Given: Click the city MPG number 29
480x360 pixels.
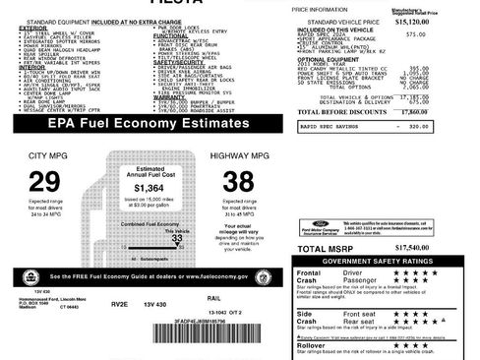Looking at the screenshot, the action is [45, 181].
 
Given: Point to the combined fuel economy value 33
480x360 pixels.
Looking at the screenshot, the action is [177, 237].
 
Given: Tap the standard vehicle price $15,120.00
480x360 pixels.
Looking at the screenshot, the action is [439, 20].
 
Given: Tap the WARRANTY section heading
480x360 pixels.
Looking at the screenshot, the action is [171, 98].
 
